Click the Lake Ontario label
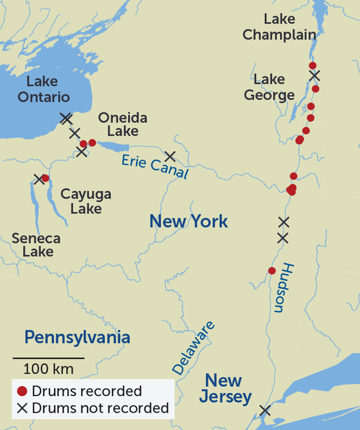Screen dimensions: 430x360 click(43, 89)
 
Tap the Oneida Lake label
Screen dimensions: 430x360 click(122, 124)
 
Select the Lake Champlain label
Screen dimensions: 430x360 click(279, 27)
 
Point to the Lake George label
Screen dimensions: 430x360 click(269, 87)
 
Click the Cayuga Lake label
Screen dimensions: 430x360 click(86, 201)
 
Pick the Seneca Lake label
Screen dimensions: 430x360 click(36, 244)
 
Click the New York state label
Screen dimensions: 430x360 click(188, 221)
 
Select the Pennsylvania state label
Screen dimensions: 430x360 click(77, 337)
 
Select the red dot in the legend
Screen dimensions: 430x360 click(22, 391)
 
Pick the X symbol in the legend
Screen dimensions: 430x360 click(22, 408)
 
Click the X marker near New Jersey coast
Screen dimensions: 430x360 click(265, 410)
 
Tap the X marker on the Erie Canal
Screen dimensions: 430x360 click(170, 155)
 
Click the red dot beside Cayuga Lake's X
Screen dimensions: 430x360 click(46, 178)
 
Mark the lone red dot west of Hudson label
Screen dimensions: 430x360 click(272, 271)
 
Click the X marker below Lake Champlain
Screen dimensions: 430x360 click(314, 76)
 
